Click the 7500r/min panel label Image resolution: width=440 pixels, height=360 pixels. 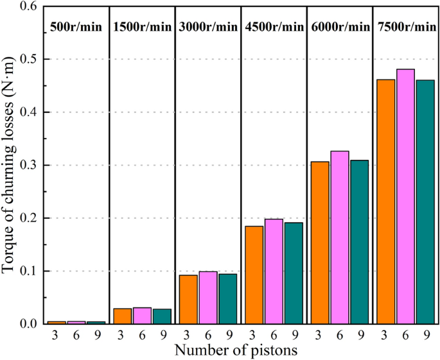[x=406, y=27]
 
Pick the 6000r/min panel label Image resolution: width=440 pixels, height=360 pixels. [x=340, y=27]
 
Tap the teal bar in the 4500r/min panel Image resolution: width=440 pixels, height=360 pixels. [x=294, y=273]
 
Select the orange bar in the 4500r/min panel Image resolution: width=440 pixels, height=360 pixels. [x=254, y=275]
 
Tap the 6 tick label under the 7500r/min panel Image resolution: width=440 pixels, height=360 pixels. [x=405, y=334]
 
